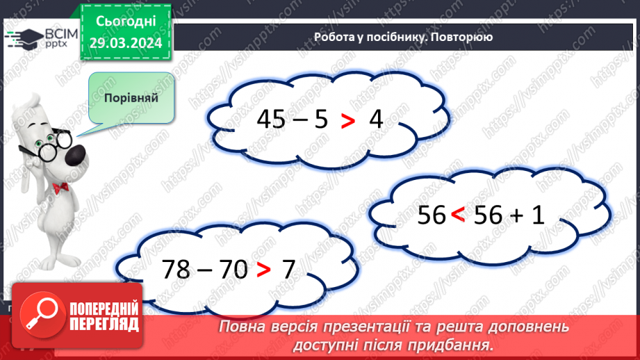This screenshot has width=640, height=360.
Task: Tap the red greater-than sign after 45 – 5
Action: [347, 121]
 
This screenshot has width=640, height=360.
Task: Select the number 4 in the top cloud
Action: [376, 120]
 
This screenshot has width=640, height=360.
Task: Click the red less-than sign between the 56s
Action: [457, 216]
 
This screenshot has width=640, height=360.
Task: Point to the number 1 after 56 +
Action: [536, 215]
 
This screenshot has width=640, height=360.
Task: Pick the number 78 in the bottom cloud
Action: [175, 269]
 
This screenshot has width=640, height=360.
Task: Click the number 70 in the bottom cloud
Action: [233, 269]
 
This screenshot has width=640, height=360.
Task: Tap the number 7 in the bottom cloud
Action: [288, 269]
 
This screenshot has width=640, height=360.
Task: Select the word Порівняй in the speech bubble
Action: [131, 97]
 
